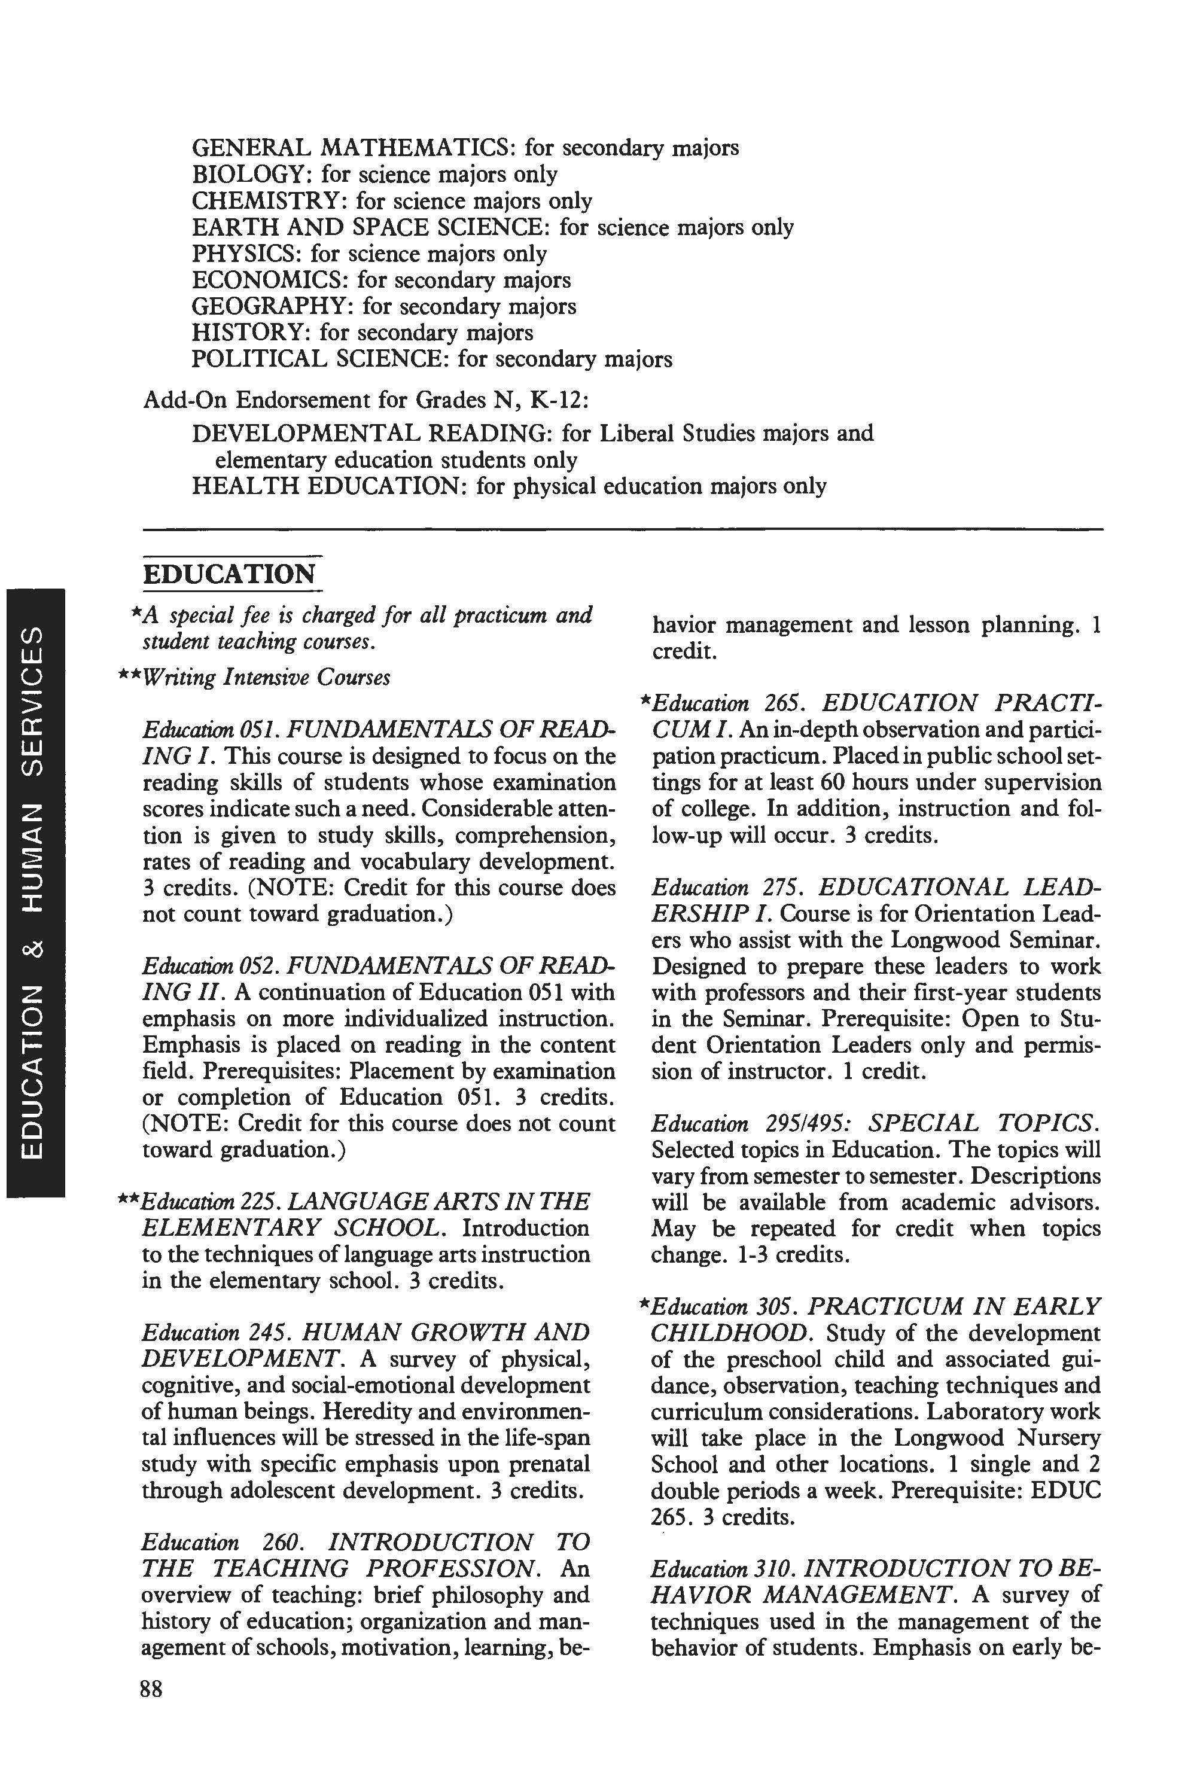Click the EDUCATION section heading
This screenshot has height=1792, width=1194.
coord(229,574)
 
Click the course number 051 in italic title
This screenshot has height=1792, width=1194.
coord(251,730)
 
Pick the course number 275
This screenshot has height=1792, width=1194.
coord(776,888)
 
